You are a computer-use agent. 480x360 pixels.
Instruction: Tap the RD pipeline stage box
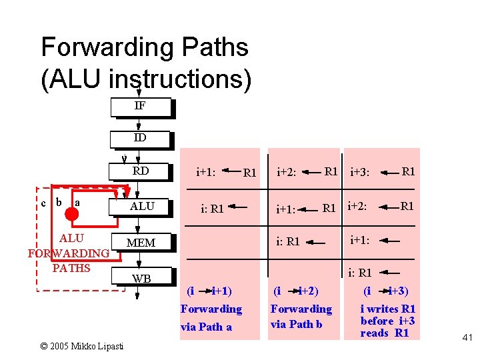point(141,171)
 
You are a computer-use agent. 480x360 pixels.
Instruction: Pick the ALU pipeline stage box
point(142,207)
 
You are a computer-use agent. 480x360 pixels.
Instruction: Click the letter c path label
point(44,201)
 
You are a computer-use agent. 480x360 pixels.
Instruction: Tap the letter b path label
point(59,201)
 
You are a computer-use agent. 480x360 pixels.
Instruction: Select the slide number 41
point(466,339)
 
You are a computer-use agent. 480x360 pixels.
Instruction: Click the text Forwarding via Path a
point(211,317)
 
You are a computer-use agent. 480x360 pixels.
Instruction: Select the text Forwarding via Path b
point(301,316)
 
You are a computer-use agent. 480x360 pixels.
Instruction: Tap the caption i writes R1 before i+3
point(387,321)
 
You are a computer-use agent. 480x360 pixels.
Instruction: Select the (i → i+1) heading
point(209,291)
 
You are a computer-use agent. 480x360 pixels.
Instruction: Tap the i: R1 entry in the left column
point(212,209)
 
